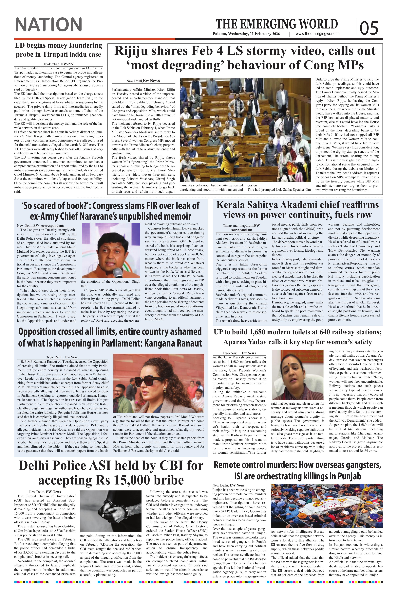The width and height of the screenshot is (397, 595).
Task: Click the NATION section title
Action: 49,25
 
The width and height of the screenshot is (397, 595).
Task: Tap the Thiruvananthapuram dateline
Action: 238,225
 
